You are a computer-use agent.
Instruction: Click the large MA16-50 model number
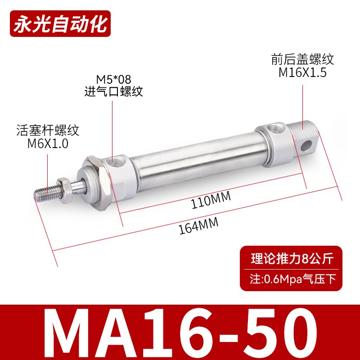pos(180,331)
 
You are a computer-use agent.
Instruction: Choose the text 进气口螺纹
pos(113,92)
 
